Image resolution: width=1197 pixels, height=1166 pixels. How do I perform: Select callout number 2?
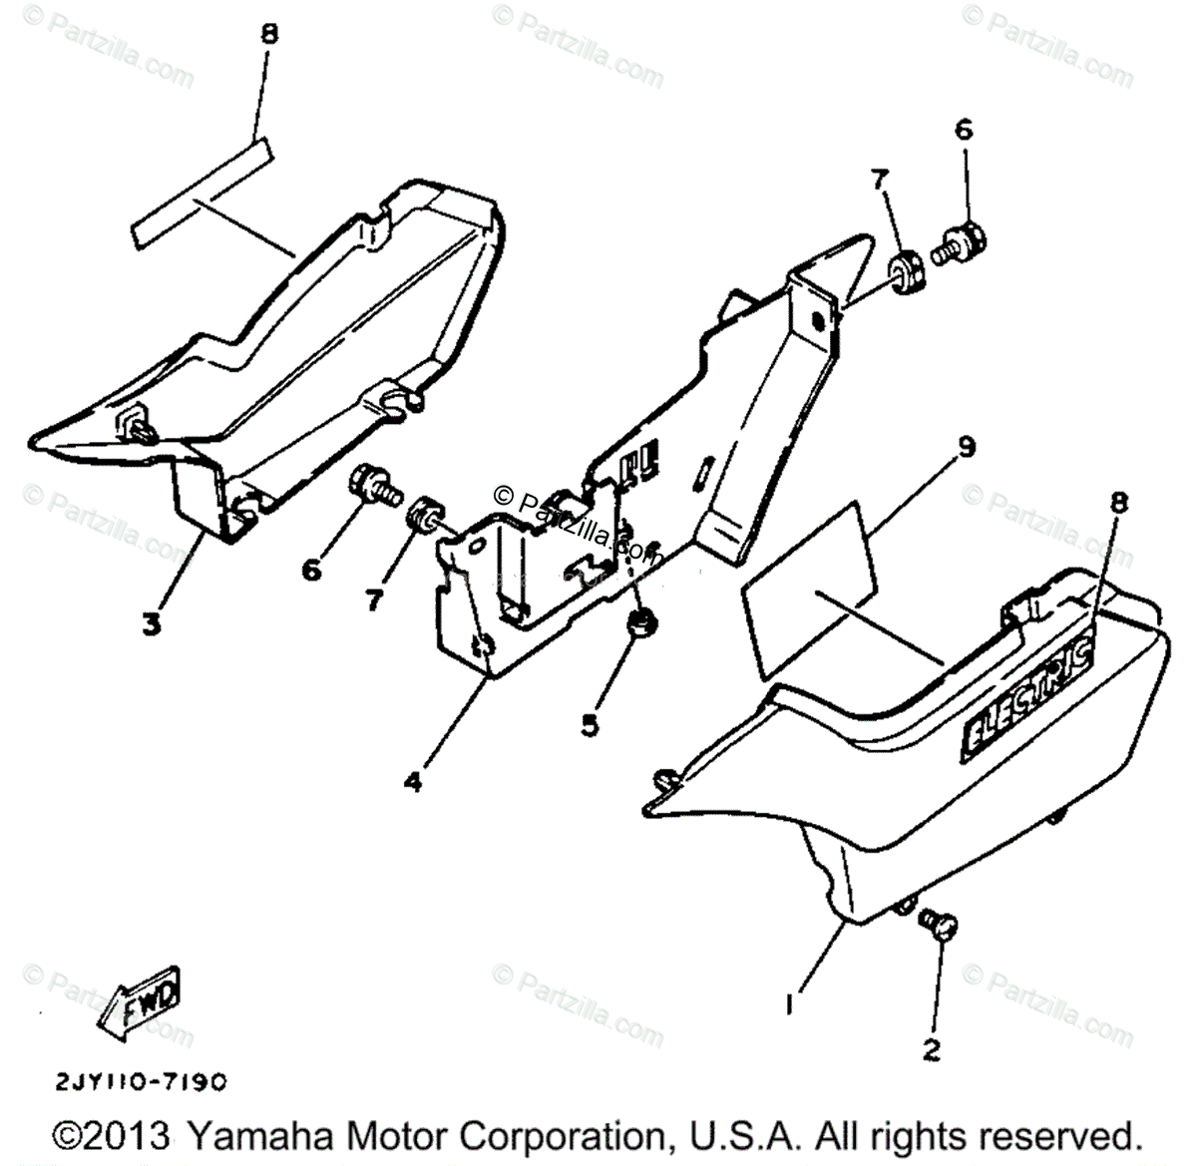931,1049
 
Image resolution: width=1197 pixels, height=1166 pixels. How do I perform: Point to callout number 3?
152,626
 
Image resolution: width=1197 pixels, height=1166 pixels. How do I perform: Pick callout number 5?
591,725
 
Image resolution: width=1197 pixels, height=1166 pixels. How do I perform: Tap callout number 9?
966,447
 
